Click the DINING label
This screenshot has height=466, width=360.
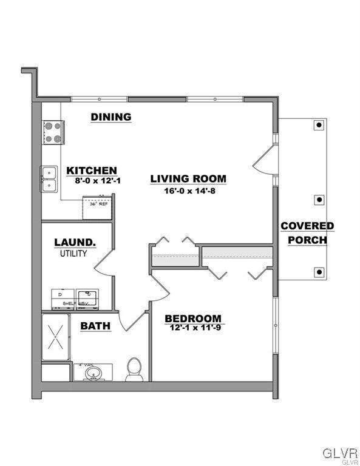[x=111, y=117]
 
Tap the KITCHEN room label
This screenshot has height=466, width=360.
[x=92, y=171]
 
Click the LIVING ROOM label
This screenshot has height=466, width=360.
[x=188, y=179]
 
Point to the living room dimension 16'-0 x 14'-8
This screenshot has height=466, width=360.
[x=188, y=189]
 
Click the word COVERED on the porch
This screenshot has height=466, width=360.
[x=307, y=226]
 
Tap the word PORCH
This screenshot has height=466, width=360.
[x=307, y=240]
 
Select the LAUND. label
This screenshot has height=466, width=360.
[x=75, y=242]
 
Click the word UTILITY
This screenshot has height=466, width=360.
[x=73, y=253]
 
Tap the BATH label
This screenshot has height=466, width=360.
[x=95, y=326]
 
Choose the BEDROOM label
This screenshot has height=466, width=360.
[x=193, y=319]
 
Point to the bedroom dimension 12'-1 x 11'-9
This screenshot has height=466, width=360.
[x=193, y=328]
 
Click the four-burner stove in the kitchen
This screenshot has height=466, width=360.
[x=52, y=132]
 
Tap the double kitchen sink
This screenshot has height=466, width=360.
[x=49, y=179]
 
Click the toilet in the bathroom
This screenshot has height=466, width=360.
[x=134, y=369]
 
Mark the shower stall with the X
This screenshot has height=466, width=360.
[x=55, y=337]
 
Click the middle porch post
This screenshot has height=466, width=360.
[x=318, y=198]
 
